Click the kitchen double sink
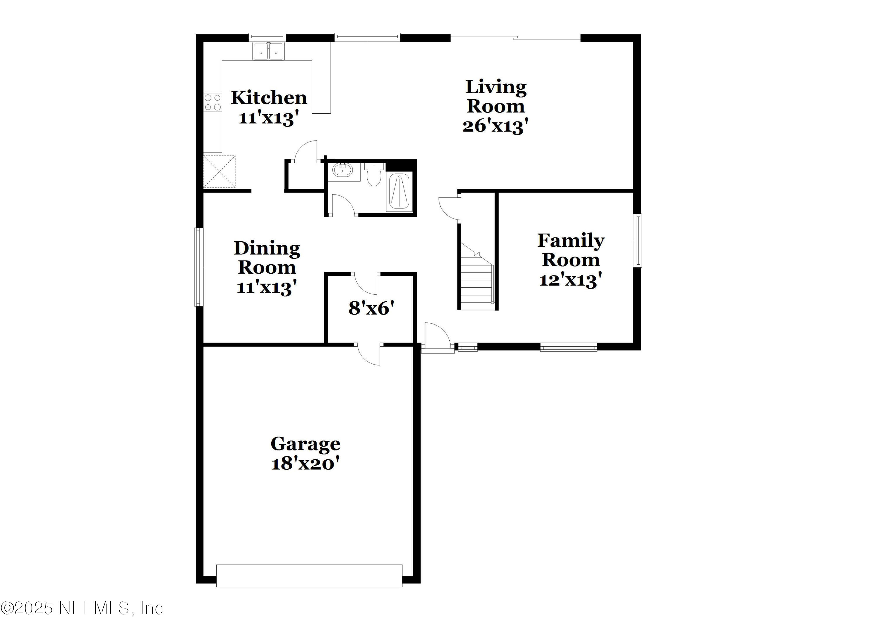pyautogui.click(x=268, y=51)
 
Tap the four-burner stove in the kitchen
pyautogui.click(x=213, y=102)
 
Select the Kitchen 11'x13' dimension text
pyautogui.click(x=269, y=118)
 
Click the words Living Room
pyautogui.click(x=496, y=97)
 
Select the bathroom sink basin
pyautogui.click(x=343, y=170)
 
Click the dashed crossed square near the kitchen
pyautogui.click(x=219, y=171)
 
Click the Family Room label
pyautogui.click(x=571, y=250)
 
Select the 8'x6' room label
pyautogui.click(x=371, y=308)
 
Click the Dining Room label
pyautogui.click(x=267, y=258)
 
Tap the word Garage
pyautogui.click(x=305, y=444)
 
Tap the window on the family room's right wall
pyautogui.click(x=639, y=240)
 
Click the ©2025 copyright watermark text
pyautogui.click(x=82, y=608)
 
